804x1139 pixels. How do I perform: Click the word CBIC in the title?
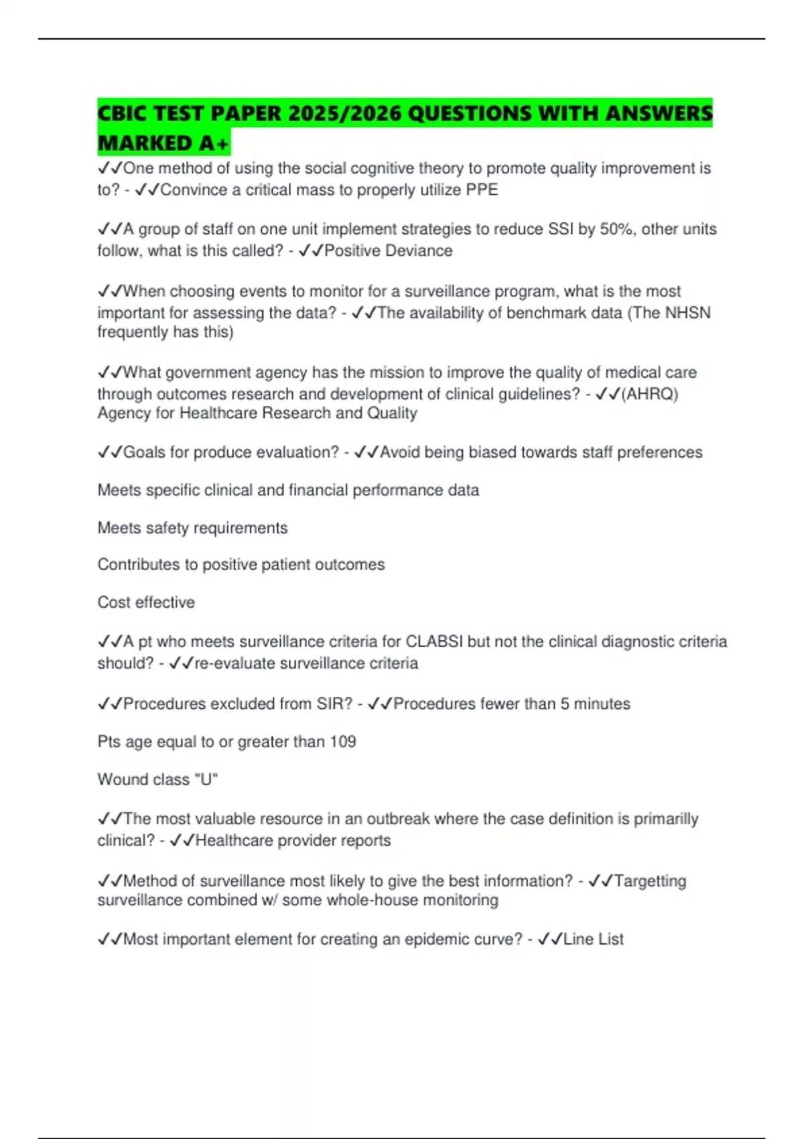coord(123,113)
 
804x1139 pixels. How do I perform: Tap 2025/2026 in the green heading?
coord(344,113)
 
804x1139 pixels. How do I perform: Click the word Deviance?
coord(421,251)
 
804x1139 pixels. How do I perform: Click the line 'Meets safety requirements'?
coord(192,528)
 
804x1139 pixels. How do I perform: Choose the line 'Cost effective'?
coord(146,602)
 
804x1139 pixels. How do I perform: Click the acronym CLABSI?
coord(434,642)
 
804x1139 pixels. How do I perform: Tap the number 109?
coord(342,742)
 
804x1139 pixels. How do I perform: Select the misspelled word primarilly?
coord(666,819)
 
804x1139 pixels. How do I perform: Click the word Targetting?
coord(650,881)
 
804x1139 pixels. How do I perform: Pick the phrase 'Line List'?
coord(593,939)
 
